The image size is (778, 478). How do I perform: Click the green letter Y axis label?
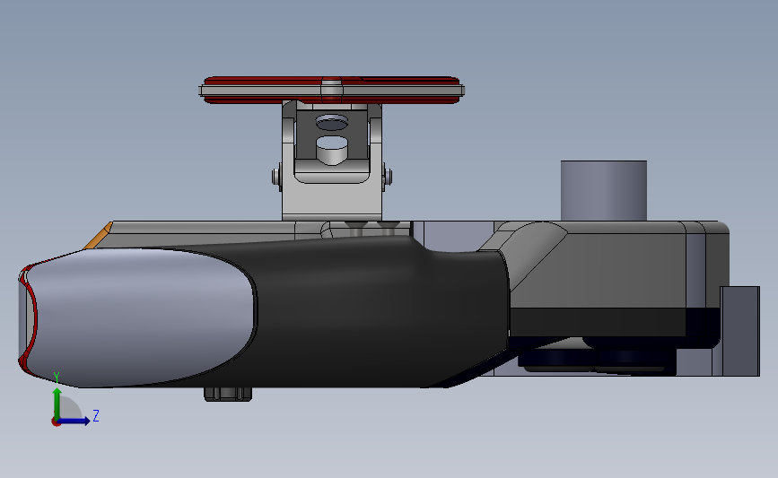57,378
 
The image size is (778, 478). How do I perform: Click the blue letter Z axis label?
96,415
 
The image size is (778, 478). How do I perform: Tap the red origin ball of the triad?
56,422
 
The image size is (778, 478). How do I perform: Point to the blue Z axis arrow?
74,422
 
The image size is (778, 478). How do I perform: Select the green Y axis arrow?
57,404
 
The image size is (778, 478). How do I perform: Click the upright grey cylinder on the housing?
603,190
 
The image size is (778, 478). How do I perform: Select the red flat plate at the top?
331,91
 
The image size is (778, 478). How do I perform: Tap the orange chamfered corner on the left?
98,237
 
